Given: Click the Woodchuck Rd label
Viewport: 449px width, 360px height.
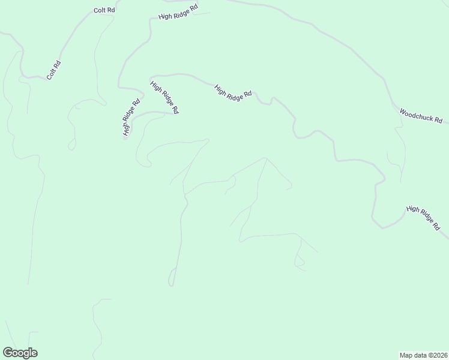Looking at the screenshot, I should pos(420,116).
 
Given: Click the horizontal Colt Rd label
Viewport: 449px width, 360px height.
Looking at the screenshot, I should pos(104,11).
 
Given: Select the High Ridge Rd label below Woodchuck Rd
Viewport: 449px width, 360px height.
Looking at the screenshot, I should pos(423,218).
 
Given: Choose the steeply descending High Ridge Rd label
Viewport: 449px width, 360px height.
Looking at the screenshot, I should pos(164,98).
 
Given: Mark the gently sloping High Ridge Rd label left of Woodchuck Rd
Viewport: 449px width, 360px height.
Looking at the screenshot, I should pos(233,93).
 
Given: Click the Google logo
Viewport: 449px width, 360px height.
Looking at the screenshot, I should pos(20,353).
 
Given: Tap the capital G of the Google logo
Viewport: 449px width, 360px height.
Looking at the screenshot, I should pos(7,353).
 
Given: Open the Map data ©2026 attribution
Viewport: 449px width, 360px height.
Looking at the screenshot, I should pos(424,354).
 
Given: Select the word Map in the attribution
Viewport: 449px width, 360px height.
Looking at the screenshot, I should pos(407,354).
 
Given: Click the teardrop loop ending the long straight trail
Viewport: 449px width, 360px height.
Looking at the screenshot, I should pos(172,279).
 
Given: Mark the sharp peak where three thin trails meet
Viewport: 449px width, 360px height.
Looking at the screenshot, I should pos(265,158).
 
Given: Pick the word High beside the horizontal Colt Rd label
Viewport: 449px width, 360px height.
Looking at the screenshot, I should pos(166,16).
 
